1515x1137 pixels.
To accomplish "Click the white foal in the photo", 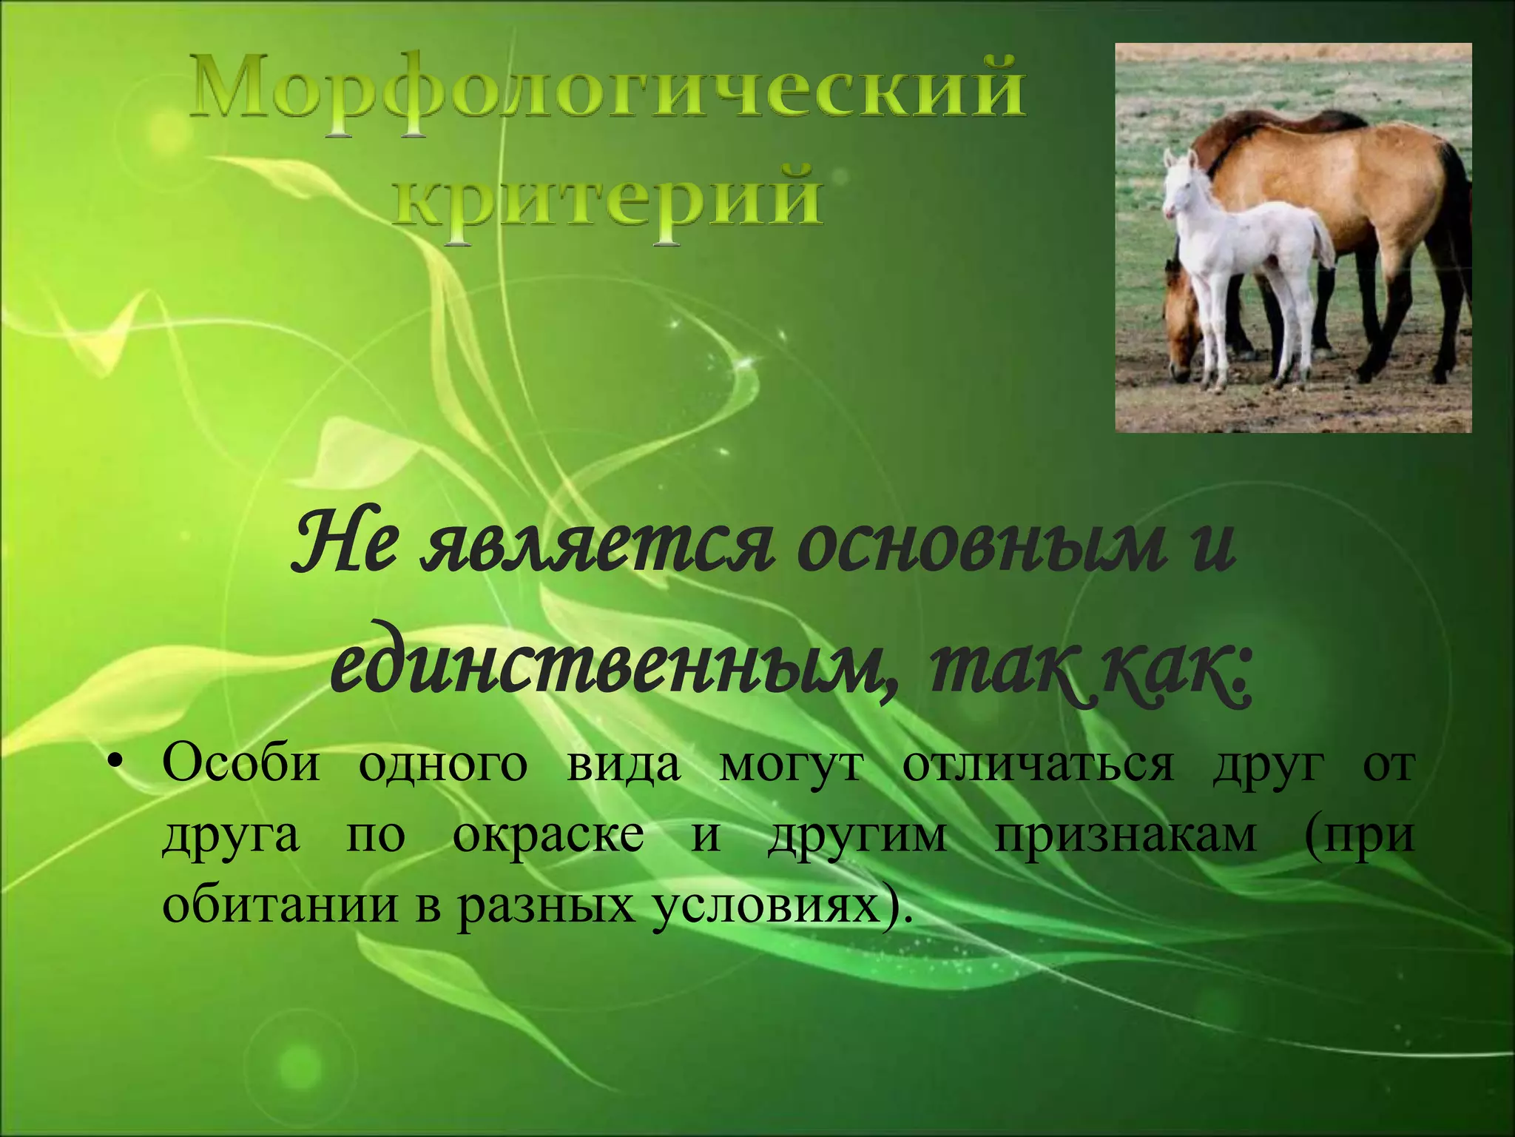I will point(1243,252).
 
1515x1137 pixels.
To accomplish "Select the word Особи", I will point(241,765).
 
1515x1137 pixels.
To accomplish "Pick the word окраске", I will point(547,836).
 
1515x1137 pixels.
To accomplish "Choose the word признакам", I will point(1124,836).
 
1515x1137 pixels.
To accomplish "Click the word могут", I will point(790,765).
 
